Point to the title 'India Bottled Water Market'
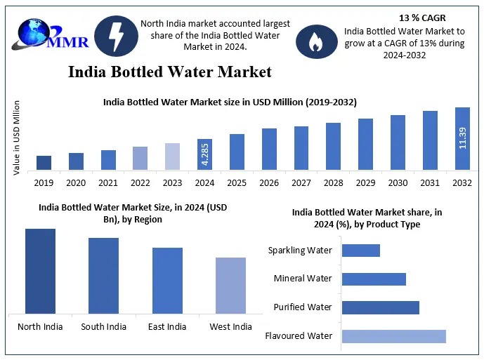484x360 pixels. [169, 72]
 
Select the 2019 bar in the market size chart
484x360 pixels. [44, 163]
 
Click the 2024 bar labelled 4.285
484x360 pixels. [205, 154]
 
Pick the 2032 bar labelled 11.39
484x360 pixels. [462, 138]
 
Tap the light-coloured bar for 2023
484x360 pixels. [173, 156]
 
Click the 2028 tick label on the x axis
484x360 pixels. [334, 182]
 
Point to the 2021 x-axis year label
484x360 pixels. [107, 182]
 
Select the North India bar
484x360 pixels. [40, 271]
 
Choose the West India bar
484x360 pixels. [230, 286]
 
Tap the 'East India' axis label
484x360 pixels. [167, 326]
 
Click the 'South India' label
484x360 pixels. [104, 326]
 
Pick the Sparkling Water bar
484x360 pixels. [361, 251]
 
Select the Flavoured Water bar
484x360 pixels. [394, 336]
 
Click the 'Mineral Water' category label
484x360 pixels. [303, 279]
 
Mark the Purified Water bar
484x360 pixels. [381, 307]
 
